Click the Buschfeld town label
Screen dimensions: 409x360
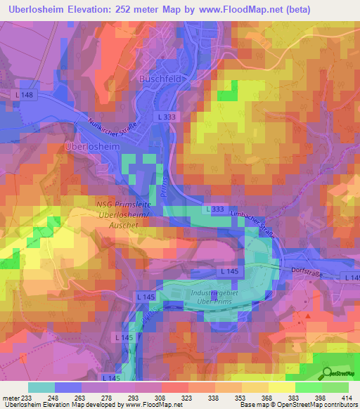point(165,79)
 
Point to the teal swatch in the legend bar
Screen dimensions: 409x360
point(41,387)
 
